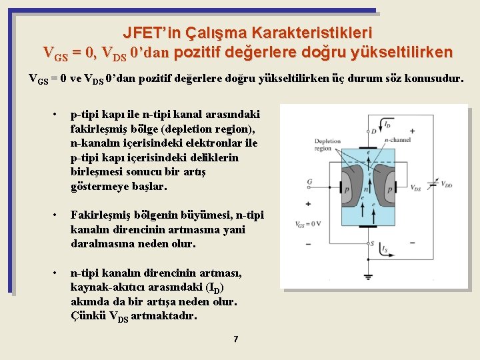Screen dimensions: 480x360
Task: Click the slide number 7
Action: pyautogui.click(x=235, y=340)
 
